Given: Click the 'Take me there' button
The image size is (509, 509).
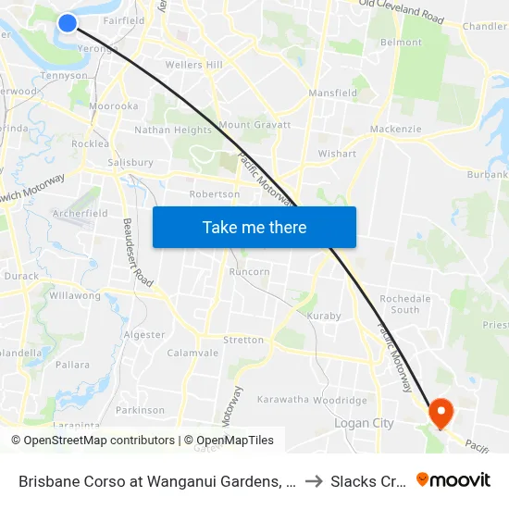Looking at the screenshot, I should click(x=254, y=227).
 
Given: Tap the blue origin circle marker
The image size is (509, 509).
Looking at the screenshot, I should click(x=68, y=22).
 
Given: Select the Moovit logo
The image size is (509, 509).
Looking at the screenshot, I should click(x=453, y=479).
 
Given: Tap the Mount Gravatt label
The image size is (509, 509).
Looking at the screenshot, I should click(x=254, y=125).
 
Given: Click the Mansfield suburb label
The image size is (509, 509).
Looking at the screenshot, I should click(x=332, y=93).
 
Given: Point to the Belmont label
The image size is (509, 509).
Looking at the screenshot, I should click(x=401, y=43).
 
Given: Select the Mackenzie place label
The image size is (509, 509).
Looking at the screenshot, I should click(x=395, y=130).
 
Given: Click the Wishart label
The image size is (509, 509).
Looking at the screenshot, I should click(x=337, y=154).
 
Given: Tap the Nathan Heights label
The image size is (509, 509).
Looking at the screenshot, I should click(x=180, y=130).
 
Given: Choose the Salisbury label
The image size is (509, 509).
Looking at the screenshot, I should click(x=130, y=162).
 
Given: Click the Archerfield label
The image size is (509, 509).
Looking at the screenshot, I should click(x=81, y=213).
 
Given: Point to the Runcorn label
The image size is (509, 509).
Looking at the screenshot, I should click(x=250, y=272).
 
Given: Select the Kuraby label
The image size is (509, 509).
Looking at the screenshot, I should click(x=323, y=316).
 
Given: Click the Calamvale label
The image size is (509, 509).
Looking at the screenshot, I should click(x=192, y=353).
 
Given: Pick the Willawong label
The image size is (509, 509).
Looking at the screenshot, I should click(x=75, y=296).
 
